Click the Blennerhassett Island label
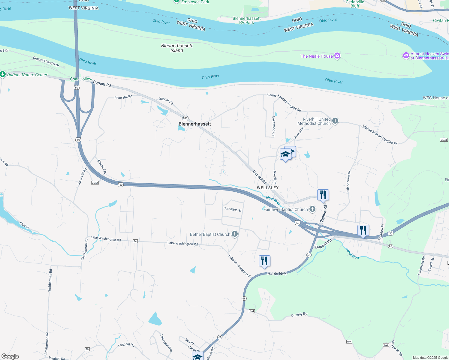pos(177,48)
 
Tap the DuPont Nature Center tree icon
pos(3,74)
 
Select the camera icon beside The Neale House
pos(337,56)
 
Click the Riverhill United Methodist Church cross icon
pos(335,121)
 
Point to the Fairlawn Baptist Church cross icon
pos(312,209)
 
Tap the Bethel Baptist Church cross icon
pos(235,234)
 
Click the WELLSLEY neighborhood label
pos(268,188)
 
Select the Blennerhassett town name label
pos(195,124)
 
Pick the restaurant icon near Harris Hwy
pos(264,261)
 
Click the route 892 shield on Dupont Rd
pos(185,118)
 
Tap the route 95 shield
pos(390,246)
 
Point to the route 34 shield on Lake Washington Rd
pos(135,241)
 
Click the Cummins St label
pos(232,209)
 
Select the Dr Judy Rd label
pos(299,315)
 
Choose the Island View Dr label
pos(348,181)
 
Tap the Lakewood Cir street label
pos(274,126)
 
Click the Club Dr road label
pos(25,225)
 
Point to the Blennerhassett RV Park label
pos(247,20)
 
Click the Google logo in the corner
pos(10,356)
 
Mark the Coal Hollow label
pos(81,79)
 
